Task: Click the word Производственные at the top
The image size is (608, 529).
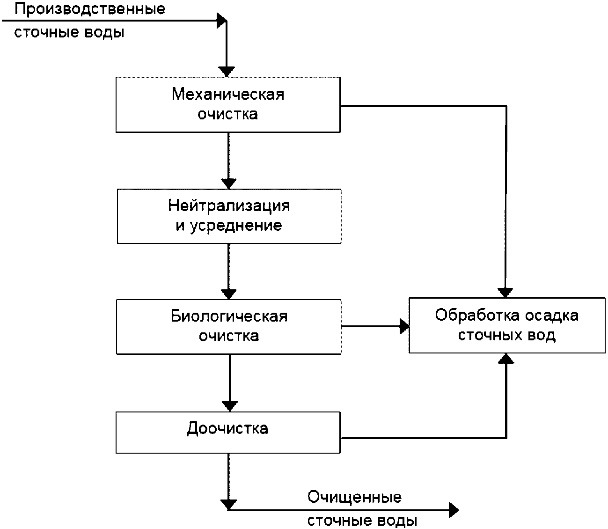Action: (x=90, y=9)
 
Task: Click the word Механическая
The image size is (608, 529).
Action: (x=228, y=94)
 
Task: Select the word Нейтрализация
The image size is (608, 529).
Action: (x=229, y=206)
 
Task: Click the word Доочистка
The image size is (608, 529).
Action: (x=227, y=428)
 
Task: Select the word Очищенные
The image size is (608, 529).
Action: (x=354, y=497)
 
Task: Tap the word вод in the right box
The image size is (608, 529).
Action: (x=543, y=335)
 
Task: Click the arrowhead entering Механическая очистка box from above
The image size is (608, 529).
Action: (x=227, y=72)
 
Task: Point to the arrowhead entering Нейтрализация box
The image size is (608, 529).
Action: (x=228, y=184)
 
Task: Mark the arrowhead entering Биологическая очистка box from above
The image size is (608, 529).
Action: (x=229, y=294)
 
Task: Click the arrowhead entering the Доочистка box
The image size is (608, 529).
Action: (x=229, y=406)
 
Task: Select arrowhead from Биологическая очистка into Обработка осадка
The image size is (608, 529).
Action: (x=404, y=326)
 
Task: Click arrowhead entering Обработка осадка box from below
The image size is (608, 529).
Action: (x=506, y=359)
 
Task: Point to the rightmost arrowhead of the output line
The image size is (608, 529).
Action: (x=453, y=510)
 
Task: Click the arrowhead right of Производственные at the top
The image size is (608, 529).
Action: (x=222, y=20)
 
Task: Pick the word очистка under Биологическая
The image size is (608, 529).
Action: (x=229, y=336)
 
